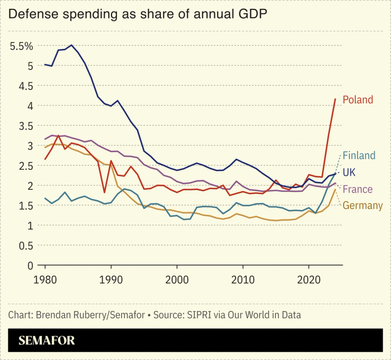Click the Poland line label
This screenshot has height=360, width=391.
coord(358,100)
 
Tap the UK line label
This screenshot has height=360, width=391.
coord(349,172)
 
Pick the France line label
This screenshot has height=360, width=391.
coord(358,189)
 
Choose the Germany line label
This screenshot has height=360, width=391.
coord(363,205)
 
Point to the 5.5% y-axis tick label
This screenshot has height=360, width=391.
coord(21,46)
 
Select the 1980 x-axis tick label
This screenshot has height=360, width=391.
coord(46,280)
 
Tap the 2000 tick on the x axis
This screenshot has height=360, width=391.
coord(177,280)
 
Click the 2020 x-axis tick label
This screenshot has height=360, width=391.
coord(309,280)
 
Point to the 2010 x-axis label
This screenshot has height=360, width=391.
coord(243,280)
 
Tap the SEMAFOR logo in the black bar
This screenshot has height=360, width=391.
coord(46,341)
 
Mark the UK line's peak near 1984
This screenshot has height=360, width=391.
coord(71,45)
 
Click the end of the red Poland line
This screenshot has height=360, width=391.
coord(335,99)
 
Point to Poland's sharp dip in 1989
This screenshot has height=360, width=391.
coord(104,193)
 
